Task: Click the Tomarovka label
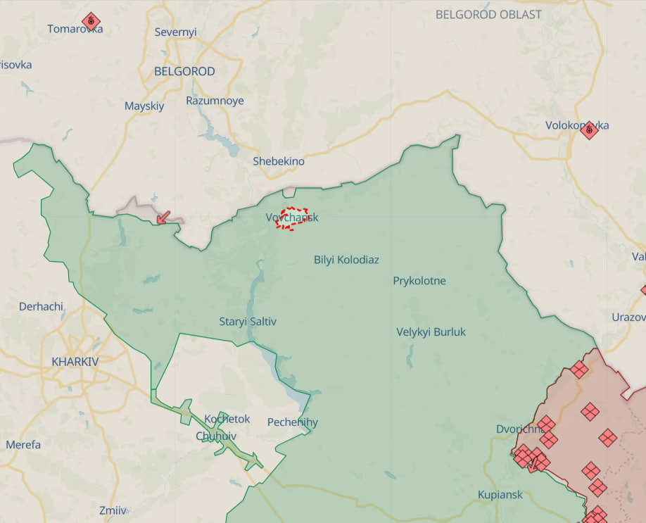(x=75, y=29)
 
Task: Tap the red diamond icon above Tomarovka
(x=90, y=20)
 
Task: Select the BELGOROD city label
(x=184, y=71)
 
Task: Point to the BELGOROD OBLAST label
(x=488, y=14)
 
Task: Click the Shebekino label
(x=279, y=161)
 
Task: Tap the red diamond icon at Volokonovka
(x=589, y=129)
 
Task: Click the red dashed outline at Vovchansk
(x=293, y=218)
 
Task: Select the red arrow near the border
(x=163, y=217)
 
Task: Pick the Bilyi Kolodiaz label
(x=346, y=260)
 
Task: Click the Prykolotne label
(x=419, y=281)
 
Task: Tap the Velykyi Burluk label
(x=431, y=332)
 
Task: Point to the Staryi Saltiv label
(x=248, y=322)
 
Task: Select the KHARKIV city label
(x=75, y=361)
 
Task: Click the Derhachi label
(x=41, y=306)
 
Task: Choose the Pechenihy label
(x=292, y=422)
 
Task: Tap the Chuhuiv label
(x=216, y=436)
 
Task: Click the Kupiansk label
(x=500, y=494)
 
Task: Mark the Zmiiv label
(x=113, y=510)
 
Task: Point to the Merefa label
(x=23, y=445)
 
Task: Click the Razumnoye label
(x=215, y=101)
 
